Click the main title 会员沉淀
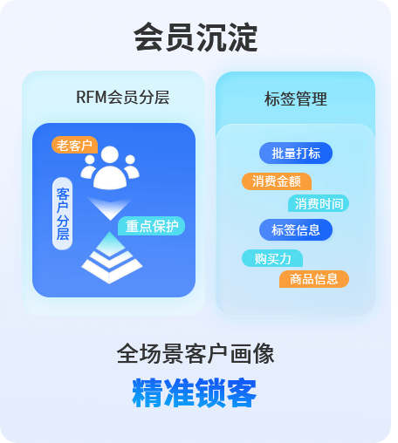point(196,37)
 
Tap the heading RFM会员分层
point(122,97)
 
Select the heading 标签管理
point(296,99)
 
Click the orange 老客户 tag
point(74,145)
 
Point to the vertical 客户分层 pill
point(63,214)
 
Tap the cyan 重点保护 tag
point(151,226)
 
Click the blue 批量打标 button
point(296,153)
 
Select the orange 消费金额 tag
point(277,181)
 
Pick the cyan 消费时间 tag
point(319,203)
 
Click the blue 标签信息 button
point(296,230)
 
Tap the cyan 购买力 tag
point(272,258)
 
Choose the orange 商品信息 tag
point(314,279)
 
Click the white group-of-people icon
point(110,167)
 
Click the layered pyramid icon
point(112,258)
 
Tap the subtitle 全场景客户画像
point(196,353)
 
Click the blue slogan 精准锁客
point(195,392)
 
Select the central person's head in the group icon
point(110,155)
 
